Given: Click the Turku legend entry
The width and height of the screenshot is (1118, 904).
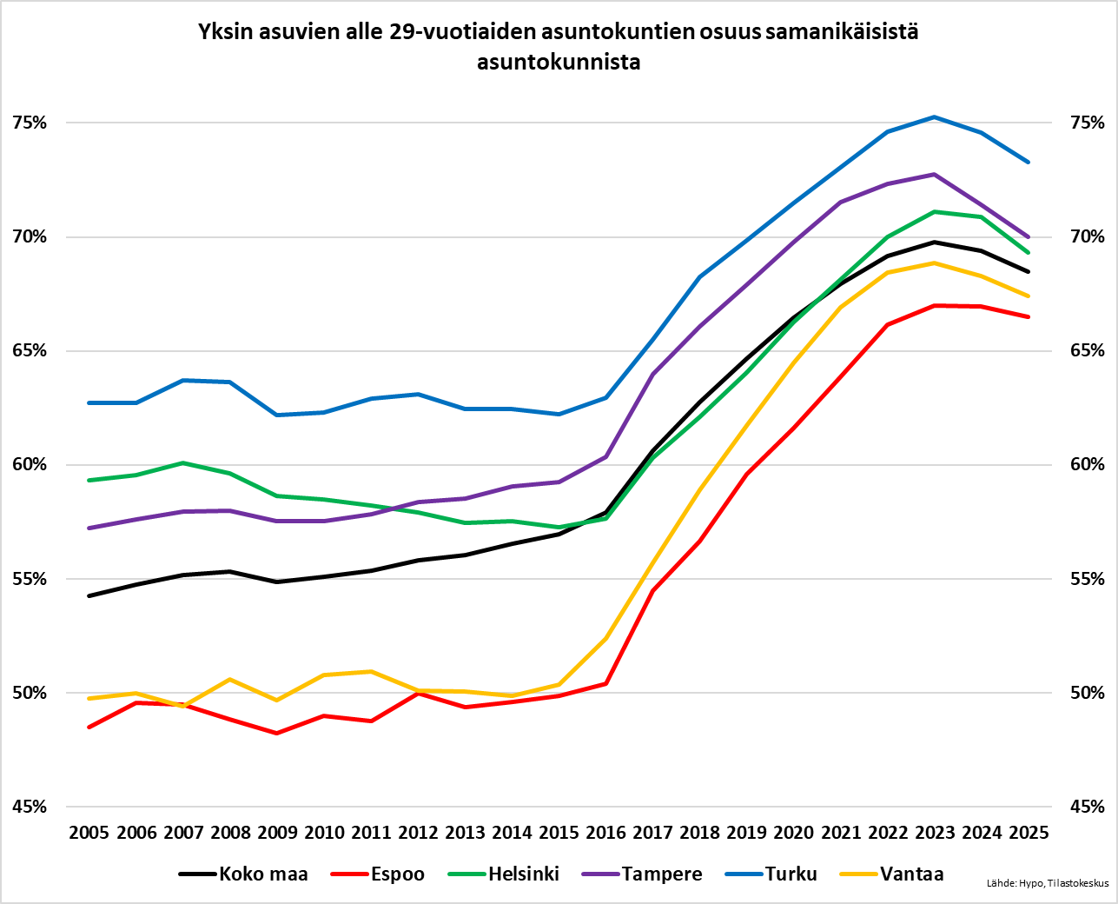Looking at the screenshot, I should tap(791, 874).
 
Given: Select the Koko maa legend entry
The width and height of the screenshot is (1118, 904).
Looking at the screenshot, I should tap(263, 874).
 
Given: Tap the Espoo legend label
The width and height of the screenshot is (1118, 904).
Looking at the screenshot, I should tap(397, 874).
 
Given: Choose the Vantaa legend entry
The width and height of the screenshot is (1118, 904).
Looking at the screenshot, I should tap(911, 874).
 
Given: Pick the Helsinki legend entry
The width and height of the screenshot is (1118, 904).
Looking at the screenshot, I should tap(524, 874).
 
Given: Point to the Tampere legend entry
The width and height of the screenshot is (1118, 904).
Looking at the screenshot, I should tap(662, 874).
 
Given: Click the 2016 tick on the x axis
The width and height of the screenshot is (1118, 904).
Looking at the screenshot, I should tap(605, 833).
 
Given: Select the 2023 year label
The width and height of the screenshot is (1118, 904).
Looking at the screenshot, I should tap(935, 833).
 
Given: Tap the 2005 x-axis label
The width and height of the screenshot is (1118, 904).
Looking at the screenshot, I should tap(89, 833).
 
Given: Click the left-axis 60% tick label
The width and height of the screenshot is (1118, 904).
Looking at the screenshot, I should tap(30, 465).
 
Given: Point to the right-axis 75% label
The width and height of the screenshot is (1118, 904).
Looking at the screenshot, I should tap(1088, 123).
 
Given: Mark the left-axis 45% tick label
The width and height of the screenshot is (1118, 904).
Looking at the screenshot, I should tap(30, 807).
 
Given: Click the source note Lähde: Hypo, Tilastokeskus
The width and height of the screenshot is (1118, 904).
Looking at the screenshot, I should tap(1048, 884).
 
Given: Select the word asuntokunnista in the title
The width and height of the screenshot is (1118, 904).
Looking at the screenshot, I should tap(559, 63).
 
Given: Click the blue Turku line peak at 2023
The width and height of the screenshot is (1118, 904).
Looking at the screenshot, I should tap(935, 116).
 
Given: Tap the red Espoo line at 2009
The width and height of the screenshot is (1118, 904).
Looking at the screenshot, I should tap(277, 733).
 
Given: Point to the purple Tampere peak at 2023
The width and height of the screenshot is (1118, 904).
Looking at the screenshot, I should tap(935, 175).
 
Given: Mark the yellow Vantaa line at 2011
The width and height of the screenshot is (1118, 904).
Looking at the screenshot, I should tap(371, 671).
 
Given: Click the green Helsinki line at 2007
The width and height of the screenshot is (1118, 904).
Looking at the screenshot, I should tap(183, 463).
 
